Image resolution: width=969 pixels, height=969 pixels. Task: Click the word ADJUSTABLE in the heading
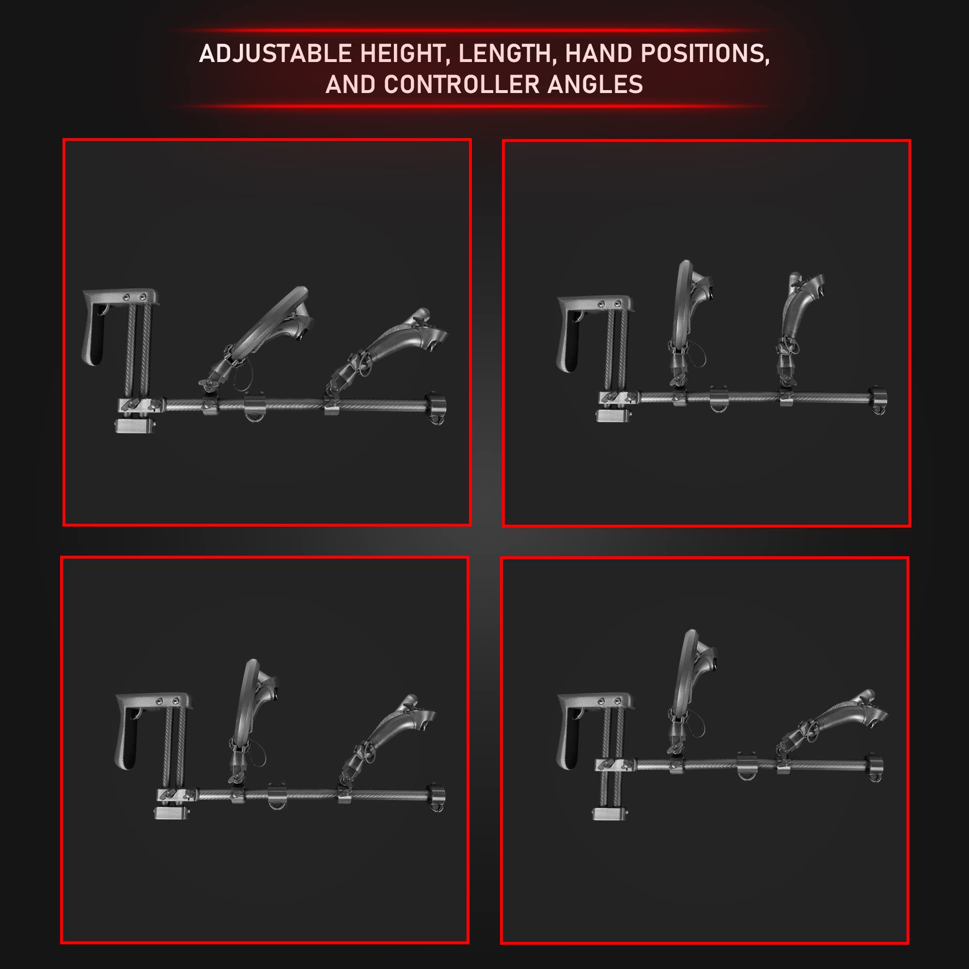275,54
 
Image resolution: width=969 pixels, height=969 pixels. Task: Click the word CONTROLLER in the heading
461,84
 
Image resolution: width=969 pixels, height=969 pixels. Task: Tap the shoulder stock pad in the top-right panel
594,331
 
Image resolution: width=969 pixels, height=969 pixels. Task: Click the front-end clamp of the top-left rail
436,408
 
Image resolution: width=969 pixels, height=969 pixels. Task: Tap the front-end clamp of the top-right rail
877,401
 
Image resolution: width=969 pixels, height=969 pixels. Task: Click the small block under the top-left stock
134,426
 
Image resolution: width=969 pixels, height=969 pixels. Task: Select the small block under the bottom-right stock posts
609,813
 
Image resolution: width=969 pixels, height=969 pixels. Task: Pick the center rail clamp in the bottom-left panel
276,795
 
